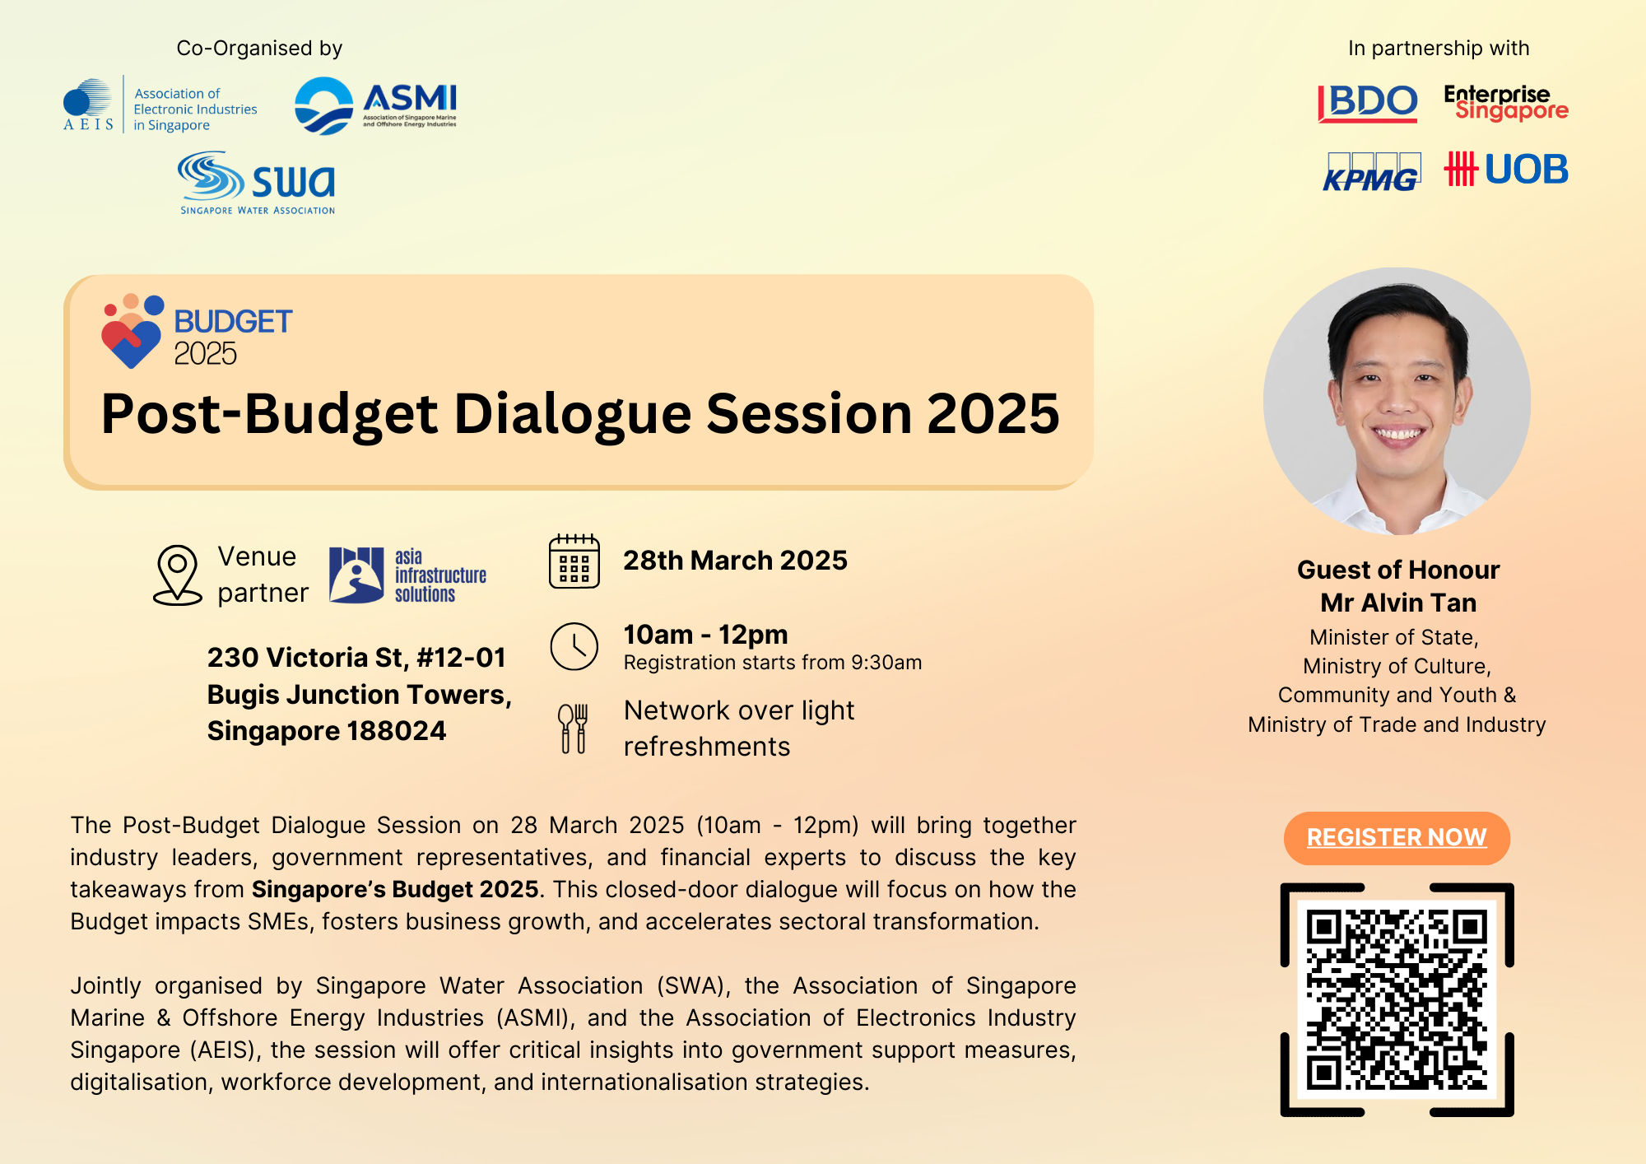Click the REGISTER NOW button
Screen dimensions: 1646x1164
[x=1397, y=838]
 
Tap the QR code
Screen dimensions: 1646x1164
[x=1397, y=999]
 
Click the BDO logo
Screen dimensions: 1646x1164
[x=1367, y=103]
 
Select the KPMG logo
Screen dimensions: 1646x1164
[x=1371, y=172]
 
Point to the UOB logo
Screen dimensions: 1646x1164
[x=1506, y=170]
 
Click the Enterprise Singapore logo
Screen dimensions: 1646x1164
[x=1506, y=103]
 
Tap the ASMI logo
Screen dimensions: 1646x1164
[x=375, y=105]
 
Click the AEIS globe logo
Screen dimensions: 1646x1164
[x=88, y=104]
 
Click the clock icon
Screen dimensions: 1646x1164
[x=574, y=646]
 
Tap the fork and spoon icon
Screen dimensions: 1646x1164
[x=573, y=729]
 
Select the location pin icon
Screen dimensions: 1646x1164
[x=178, y=575]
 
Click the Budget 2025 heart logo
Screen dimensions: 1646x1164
[x=133, y=331]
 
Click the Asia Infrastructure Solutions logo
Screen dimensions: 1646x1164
[x=407, y=575]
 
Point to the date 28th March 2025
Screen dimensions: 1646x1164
[x=735, y=561]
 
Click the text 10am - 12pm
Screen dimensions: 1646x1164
[x=705, y=635]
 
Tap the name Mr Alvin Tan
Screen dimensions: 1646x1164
[x=1398, y=603]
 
